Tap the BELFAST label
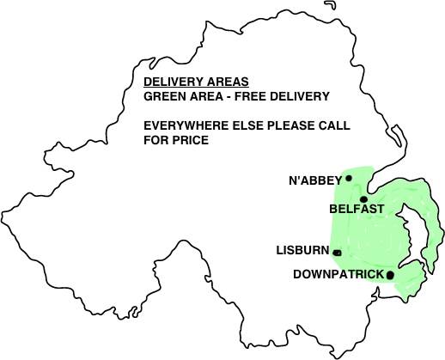[x=356, y=208]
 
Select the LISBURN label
[x=302, y=251]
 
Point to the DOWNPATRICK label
[x=338, y=274]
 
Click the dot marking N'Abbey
[x=348, y=179]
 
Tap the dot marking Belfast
[x=364, y=198]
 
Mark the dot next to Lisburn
[x=337, y=253]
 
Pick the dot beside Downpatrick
[x=390, y=275]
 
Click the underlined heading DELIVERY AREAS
[x=196, y=82]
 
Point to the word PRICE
[x=191, y=139]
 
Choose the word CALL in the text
[x=335, y=125]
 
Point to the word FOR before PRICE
[x=155, y=139]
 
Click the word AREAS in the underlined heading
[x=227, y=82]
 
